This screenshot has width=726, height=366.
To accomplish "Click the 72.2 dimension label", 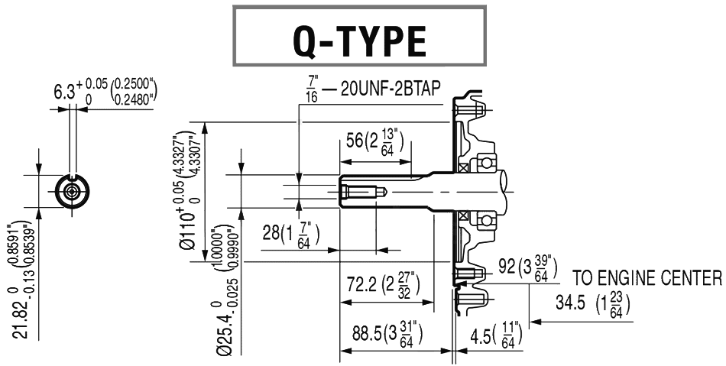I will [359, 284].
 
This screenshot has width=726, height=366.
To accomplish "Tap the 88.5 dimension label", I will [371, 335].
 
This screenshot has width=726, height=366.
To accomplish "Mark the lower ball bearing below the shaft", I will [483, 221].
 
